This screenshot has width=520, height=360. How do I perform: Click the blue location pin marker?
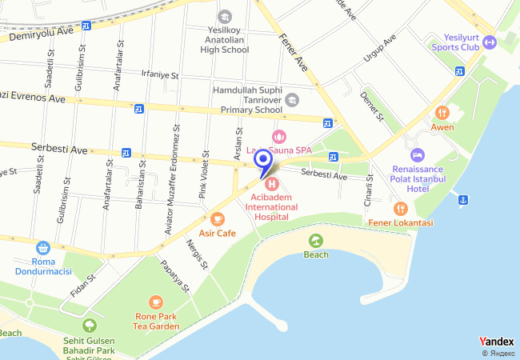point(262,160)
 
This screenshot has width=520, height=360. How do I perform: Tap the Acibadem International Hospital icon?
point(272,184)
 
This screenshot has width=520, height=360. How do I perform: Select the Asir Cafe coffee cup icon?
point(218,218)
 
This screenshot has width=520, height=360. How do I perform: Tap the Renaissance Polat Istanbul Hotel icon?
point(416,154)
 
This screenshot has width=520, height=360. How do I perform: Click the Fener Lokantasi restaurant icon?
point(401,209)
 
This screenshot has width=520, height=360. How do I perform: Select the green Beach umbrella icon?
point(316,240)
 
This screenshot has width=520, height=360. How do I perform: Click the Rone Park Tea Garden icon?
point(155,302)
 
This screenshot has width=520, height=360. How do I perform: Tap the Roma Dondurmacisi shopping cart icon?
point(42,248)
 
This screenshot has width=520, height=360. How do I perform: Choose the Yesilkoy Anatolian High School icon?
point(225,17)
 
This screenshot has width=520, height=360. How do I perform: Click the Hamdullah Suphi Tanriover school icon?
point(292,100)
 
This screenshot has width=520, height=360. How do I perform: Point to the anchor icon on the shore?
point(462,198)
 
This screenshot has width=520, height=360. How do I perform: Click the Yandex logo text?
point(496,342)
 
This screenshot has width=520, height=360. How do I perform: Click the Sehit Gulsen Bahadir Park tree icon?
point(88,325)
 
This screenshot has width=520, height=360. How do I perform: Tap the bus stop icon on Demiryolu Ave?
point(86,26)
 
